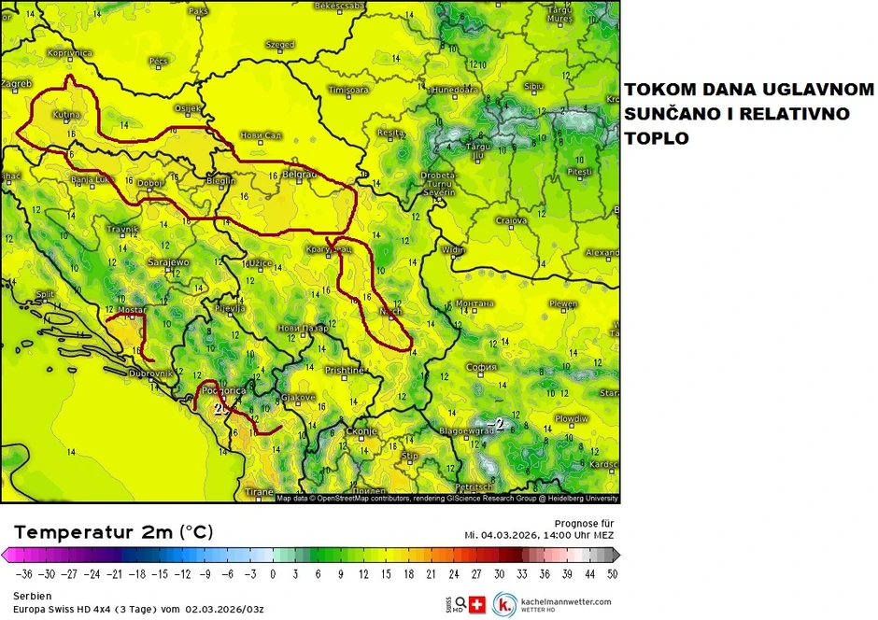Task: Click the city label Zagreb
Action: click(x=17, y=83)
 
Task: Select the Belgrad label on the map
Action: click(x=300, y=175)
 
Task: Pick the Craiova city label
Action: click(x=512, y=220)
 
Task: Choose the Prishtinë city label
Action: click(x=344, y=371)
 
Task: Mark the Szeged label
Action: click(x=279, y=44)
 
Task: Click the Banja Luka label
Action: click(x=91, y=178)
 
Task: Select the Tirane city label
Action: click(x=259, y=492)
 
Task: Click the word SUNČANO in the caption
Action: click(x=671, y=114)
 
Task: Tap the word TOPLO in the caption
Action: click(x=657, y=137)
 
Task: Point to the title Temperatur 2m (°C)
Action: click(x=113, y=532)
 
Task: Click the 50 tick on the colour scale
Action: click(x=612, y=574)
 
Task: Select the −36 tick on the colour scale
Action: click(x=22, y=574)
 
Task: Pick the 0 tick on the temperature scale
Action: click(x=273, y=574)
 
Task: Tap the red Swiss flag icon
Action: click(x=477, y=604)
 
